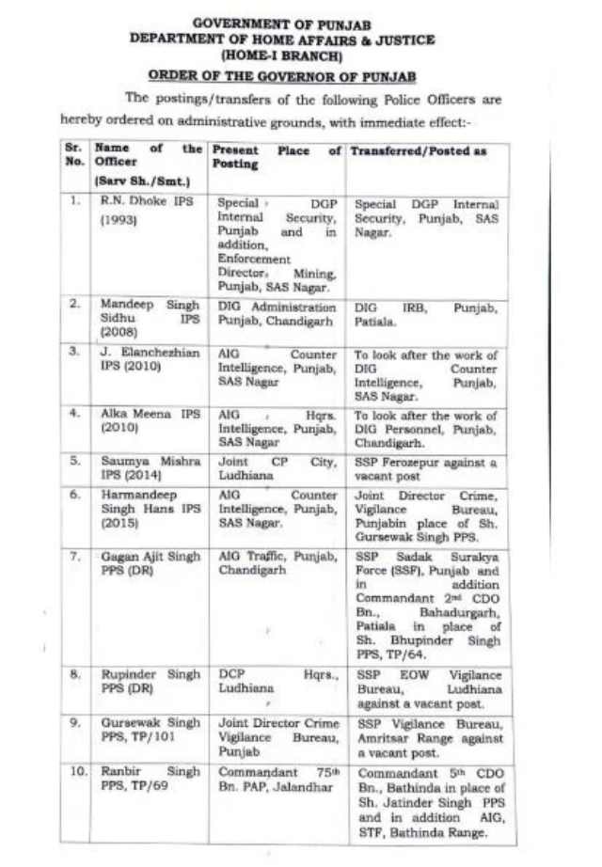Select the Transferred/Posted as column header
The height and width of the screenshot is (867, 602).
tap(419, 151)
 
